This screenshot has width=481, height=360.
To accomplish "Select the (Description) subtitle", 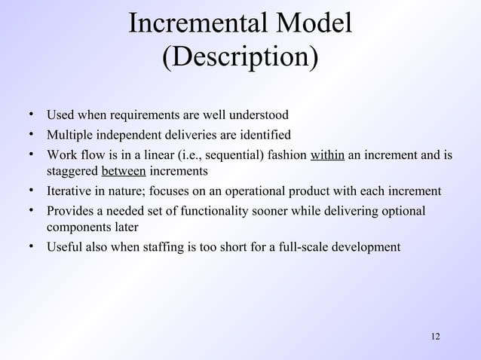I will tap(240, 58).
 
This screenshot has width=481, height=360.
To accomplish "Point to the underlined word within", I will tap(328, 156).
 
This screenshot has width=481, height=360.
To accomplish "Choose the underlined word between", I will tap(124, 172).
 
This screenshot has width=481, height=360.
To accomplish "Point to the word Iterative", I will tap(70, 191).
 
